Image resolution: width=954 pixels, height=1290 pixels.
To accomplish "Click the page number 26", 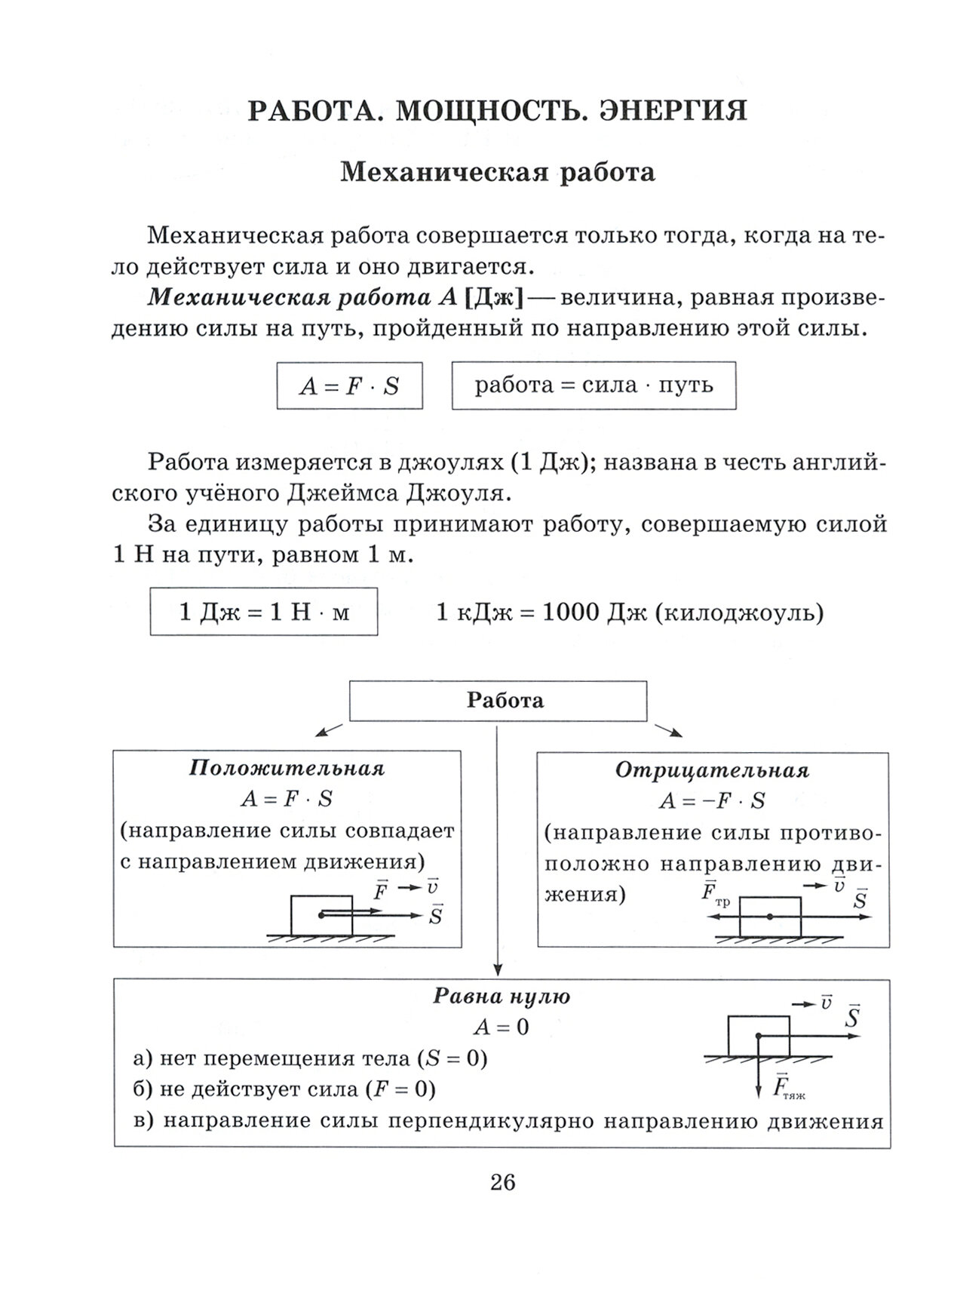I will click(x=502, y=1182).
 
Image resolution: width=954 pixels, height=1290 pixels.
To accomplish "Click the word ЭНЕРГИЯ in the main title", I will click(x=673, y=111).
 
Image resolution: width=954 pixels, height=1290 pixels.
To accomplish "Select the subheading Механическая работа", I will click(x=498, y=173).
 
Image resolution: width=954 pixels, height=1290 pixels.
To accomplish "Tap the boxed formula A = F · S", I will click(x=349, y=386).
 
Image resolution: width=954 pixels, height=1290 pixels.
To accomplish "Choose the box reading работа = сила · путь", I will click(x=594, y=385).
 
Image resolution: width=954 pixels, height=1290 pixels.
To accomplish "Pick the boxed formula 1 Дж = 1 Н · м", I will click(x=264, y=612).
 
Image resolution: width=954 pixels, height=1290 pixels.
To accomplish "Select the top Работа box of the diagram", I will click(x=498, y=701).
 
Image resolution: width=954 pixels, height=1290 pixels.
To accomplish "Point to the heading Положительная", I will click(x=287, y=769).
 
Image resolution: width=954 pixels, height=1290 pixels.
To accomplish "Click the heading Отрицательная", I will click(x=712, y=770).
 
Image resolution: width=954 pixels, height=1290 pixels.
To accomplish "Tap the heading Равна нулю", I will click(x=502, y=997).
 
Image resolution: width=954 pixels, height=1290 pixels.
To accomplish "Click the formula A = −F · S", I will click(x=712, y=801).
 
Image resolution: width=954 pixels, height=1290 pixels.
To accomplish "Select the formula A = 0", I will click(x=502, y=1027).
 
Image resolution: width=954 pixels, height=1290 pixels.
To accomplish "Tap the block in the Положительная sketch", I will click(x=322, y=915).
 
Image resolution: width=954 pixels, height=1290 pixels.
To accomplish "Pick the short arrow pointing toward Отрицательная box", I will click(x=668, y=730).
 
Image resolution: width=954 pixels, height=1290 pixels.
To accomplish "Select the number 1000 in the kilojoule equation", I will click(x=570, y=613).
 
